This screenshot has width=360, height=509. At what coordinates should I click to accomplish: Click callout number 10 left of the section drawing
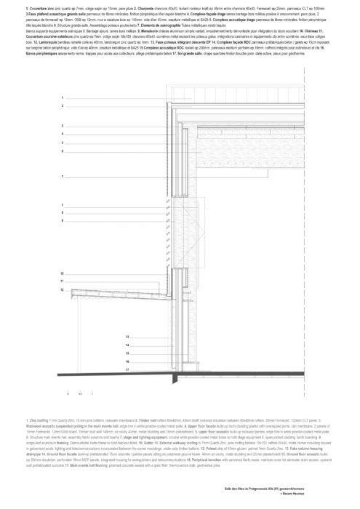(63, 273)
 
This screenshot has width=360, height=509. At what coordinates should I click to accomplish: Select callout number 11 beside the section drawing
(63, 281)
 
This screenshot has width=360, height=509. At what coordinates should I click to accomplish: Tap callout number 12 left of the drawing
(63, 289)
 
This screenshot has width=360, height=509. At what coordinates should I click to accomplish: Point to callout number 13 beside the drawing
(127, 337)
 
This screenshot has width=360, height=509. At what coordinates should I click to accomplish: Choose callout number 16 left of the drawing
(127, 361)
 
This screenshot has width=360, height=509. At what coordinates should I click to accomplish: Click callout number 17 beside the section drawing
(127, 369)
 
